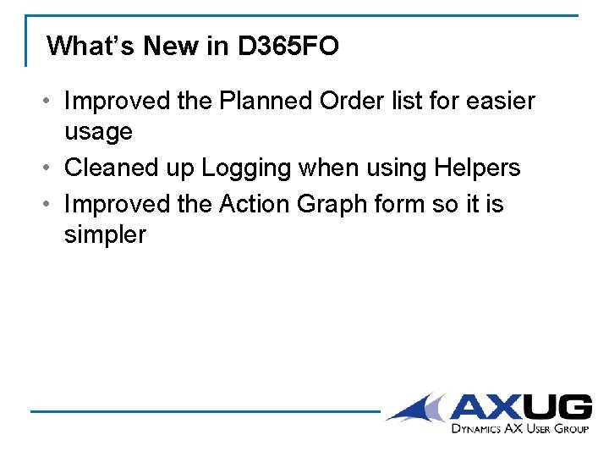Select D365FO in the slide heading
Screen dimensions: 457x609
[x=288, y=46]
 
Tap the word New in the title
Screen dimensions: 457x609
[x=171, y=46]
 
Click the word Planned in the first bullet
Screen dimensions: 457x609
[x=266, y=102]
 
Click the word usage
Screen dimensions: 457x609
[x=98, y=133]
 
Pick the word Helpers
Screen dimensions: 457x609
[x=477, y=168]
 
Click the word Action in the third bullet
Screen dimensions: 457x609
[x=253, y=204]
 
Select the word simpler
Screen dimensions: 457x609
[x=105, y=236]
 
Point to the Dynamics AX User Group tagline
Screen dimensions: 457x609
[x=519, y=429]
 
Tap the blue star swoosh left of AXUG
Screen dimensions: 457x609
[x=418, y=408]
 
